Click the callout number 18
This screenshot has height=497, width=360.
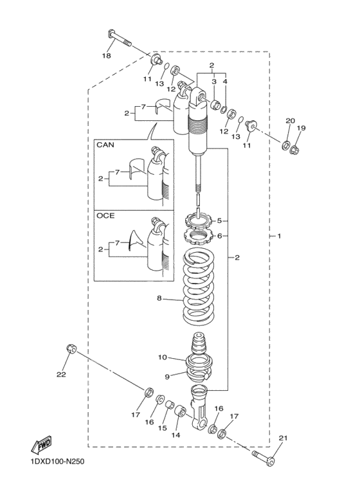tap(107, 56)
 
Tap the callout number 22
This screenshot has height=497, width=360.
tap(61, 374)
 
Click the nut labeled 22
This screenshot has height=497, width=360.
tap(71, 349)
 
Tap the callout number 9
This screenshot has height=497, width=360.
tap(166, 376)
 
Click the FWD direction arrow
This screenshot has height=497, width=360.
tap(43, 445)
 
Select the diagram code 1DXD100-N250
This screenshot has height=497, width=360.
tap(57, 478)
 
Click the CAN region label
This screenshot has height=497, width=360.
tap(105, 145)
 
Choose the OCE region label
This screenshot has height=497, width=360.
tap(105, 216)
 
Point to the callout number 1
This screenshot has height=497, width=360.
tap(278, 237)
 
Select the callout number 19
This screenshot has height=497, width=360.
tap(301, 128)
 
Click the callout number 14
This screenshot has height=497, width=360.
tap(176, 435)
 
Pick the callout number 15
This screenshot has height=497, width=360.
tap(162, 428)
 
